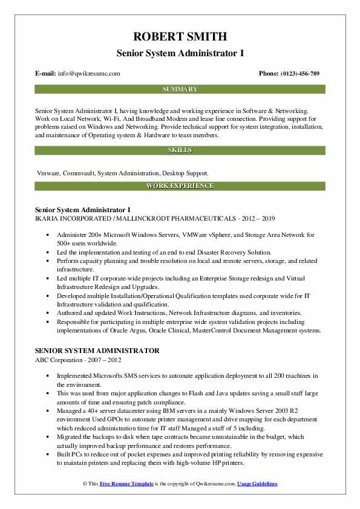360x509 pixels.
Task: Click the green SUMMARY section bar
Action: coord(180,89)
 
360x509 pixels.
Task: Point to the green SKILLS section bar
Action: coord(180,150)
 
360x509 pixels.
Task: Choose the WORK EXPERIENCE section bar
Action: coord(180,186)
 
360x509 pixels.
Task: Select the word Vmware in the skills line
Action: coord(48,173)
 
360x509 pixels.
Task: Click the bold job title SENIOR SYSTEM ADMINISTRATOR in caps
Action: coord(97,351)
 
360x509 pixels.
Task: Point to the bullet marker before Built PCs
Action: coord(47,454)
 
